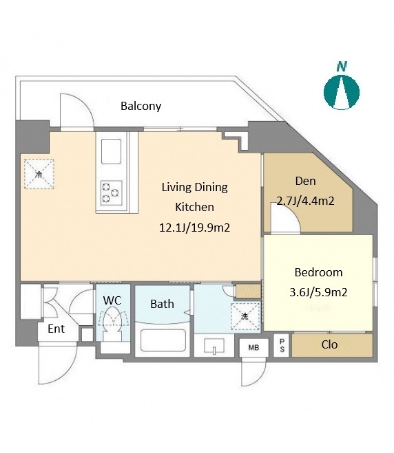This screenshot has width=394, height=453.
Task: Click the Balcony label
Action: pyautogui.click(x=141, y=106)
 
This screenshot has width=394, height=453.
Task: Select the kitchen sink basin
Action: pyautogui.click(x=111, y=152)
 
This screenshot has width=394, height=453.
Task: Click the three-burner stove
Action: pyautogui.click(x=111, y=192)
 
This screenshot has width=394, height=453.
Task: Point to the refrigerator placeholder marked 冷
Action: pyautogui.click(x=39, y=174)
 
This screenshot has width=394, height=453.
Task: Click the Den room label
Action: pyautogui.click(x=305, y=181)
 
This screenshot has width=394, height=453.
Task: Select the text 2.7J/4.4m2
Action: pyautogui.click(x=306, y=201)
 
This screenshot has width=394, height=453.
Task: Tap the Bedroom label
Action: pyautogui.click(x=318, y=272)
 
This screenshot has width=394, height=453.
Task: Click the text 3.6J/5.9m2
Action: pyautogui.click(x=318, y=292)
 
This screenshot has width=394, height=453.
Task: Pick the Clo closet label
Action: pyautogui.click(x=329, y=344)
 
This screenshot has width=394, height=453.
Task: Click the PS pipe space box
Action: pyautogui.click(x=282, y=345)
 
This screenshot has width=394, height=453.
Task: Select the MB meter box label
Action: pyautogui.click(x=253, y=348)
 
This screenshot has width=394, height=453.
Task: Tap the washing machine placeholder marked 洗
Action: pyautogui.click(x=245, y=316)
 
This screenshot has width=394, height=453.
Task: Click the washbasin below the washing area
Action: pyautogui.click(x=214, y=346)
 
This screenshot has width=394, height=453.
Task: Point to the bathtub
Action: pyautogui.click(x=163, y=340)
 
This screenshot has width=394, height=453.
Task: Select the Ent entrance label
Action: pyautogui.click(x=56, y=329)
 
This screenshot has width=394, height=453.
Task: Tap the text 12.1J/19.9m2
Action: pyautogui.click(x=194, y=228)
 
